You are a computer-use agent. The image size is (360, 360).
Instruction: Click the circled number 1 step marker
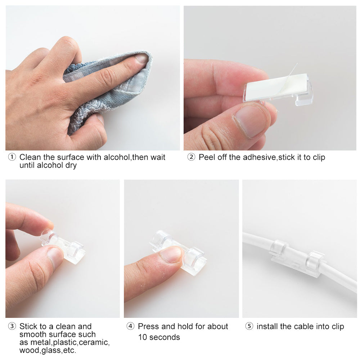pos(12,157)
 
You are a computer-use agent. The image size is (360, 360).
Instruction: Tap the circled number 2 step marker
pos(191,157)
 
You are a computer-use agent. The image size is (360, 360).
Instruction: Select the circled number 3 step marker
pos(12,327)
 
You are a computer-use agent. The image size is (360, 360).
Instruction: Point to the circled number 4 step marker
pos(130,327)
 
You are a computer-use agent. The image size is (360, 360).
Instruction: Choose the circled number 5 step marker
pos(249,327)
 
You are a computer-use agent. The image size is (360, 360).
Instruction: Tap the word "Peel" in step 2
pos(206,157)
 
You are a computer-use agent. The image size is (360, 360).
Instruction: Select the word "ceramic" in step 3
pos(95,342)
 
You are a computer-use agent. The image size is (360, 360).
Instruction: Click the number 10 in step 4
pos(143,337)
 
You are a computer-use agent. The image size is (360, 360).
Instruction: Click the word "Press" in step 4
pos(148,327)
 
